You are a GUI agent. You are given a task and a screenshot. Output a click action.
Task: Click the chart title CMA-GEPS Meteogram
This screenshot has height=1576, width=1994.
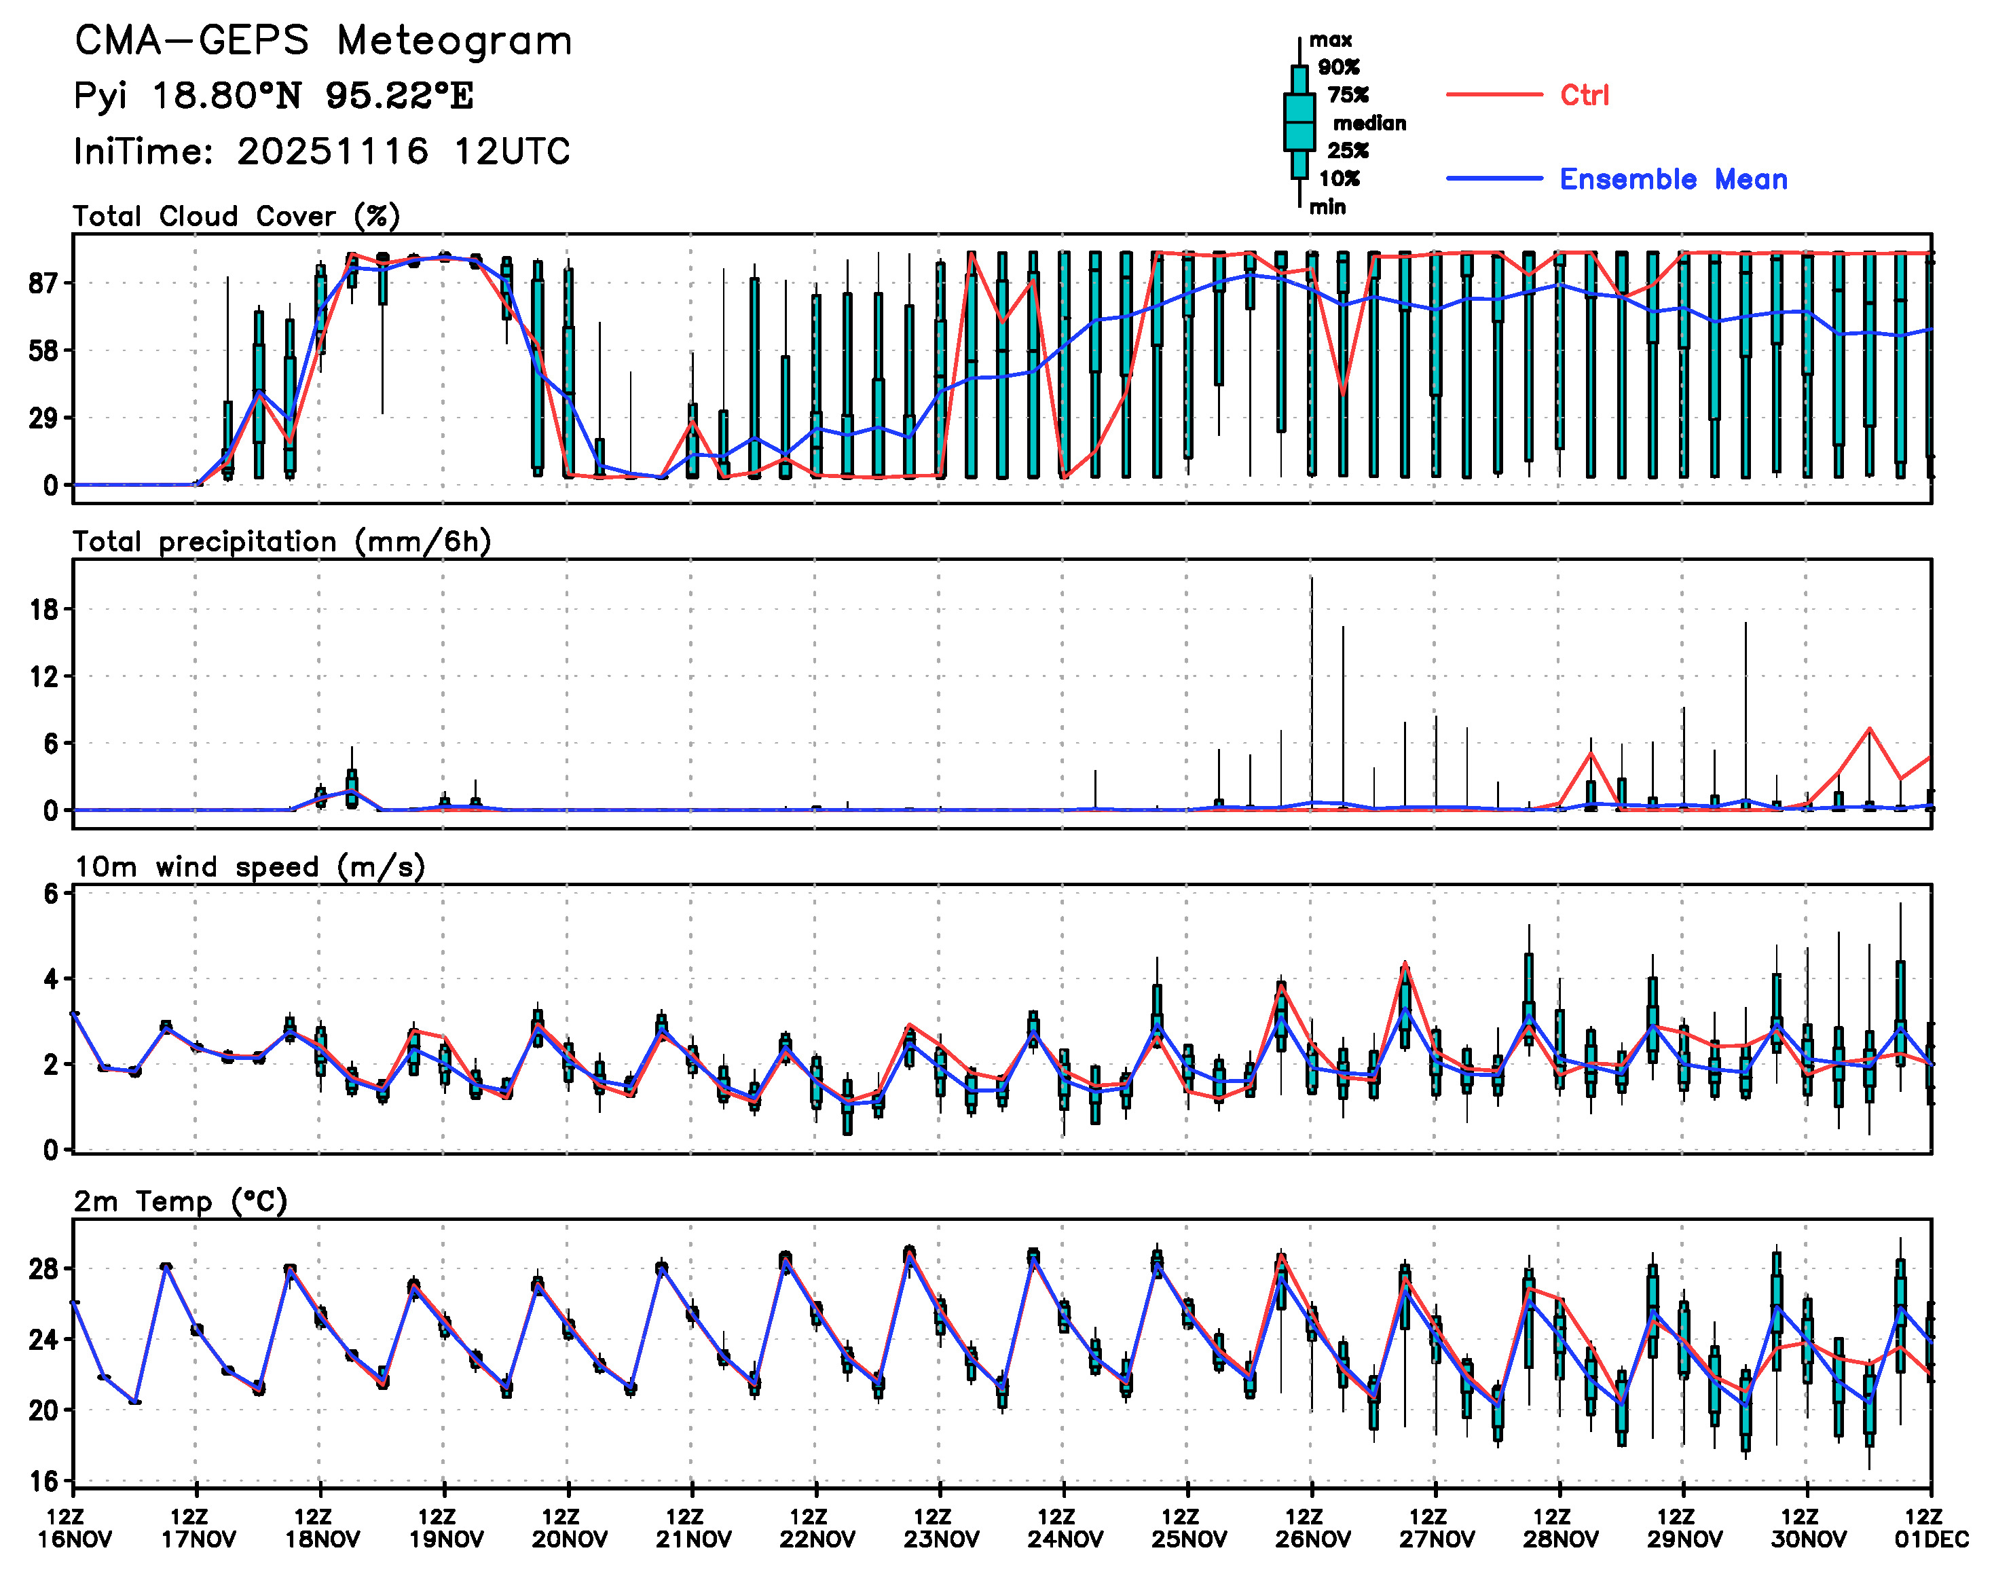(x=323, y=41)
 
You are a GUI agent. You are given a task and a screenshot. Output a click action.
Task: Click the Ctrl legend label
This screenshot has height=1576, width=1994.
(x=1585, y=95)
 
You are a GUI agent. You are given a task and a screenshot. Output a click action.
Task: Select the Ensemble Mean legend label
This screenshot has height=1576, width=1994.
(x=1673, y=179)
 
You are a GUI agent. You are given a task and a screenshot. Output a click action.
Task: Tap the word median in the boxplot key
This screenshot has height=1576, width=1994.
(x=1369, y=124)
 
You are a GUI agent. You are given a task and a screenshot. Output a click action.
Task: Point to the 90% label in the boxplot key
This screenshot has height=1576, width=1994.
(x=1338, y=67)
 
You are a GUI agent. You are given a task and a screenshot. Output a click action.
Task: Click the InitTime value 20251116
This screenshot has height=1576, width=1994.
(x=332, y=151)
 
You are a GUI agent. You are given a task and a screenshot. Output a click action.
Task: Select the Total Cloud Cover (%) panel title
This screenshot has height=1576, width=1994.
(x=236, y=217)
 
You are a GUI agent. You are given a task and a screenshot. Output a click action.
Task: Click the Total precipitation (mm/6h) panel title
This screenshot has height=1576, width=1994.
(x=282, y=542)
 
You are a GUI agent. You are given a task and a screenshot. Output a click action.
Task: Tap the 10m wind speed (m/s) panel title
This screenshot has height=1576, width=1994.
(x=249, y=867)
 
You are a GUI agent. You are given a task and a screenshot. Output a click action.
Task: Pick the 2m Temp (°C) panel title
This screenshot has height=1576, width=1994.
(x=181, y=1201)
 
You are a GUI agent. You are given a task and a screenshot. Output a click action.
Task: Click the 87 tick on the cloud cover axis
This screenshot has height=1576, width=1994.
(x=44, y=283)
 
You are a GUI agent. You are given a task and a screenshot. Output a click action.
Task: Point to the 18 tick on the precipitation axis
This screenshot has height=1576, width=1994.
(x=44, y=610)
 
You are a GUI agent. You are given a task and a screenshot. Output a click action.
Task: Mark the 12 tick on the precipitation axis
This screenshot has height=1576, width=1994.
(x=44, y=677)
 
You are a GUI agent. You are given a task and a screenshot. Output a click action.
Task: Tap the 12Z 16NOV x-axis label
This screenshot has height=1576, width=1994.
(x=75, y=1528)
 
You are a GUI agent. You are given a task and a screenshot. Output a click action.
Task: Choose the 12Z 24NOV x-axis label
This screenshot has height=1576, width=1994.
(x=1064, y=1528)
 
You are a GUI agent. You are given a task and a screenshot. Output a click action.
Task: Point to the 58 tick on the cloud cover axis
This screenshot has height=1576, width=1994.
(x=44, y=350)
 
